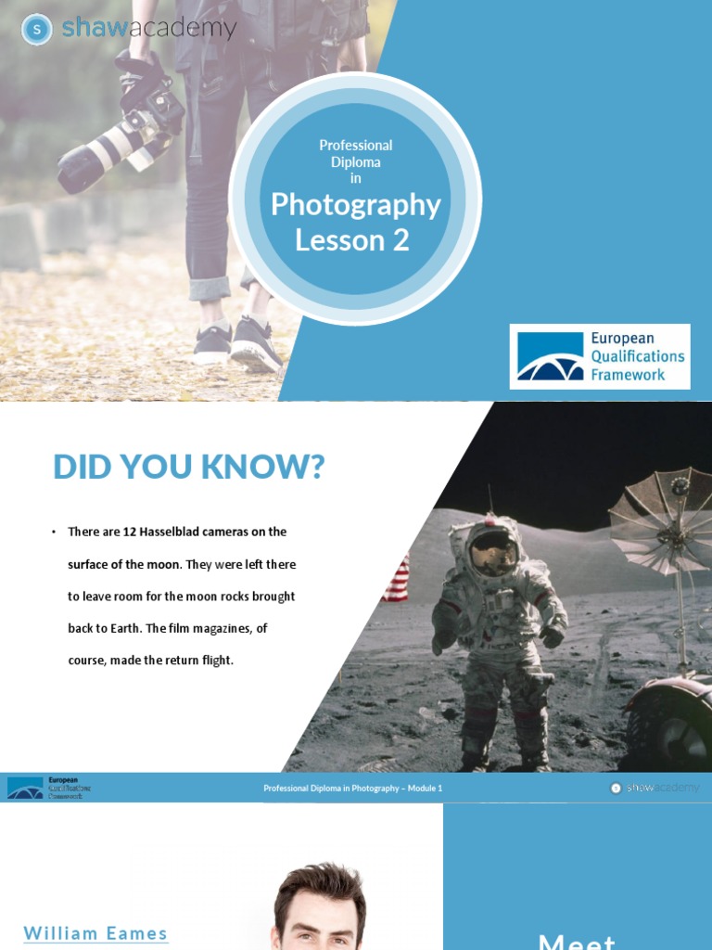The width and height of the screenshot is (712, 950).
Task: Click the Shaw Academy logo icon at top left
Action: pos(36,30)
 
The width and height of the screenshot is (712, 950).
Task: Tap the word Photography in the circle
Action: pos(355,205)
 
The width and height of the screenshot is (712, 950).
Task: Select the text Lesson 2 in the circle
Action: pos(352,240)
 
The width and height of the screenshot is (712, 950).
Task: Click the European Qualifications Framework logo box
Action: pos(600,356)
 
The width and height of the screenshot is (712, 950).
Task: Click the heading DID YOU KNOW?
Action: pos(189,468)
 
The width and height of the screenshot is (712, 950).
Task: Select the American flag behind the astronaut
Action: pos(396,579)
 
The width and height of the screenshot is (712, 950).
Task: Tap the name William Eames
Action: pos(95,933)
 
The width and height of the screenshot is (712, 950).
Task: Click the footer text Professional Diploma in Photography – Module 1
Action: pos(353,789)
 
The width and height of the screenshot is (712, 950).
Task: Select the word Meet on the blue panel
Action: pos(577,941)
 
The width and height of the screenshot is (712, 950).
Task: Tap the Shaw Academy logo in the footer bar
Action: pos(655,789)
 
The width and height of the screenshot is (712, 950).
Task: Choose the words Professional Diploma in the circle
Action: pos(355,153)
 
